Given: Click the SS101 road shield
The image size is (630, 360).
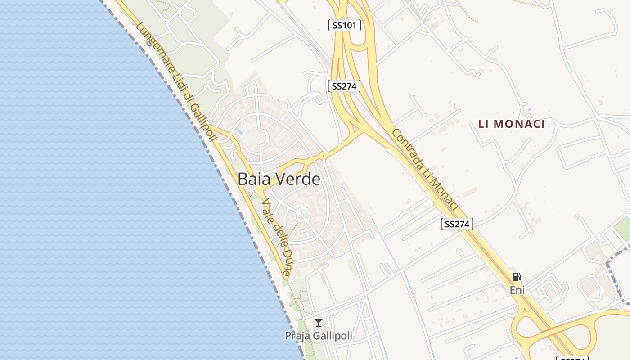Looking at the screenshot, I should click(344, 26).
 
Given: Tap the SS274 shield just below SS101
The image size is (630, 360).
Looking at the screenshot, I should click(344, 86).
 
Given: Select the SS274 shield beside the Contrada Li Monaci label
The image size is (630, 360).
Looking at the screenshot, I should click(457, 224).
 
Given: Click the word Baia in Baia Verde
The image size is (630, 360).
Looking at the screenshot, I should click(254, 180).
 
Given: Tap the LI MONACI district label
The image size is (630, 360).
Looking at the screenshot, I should click(511, 124).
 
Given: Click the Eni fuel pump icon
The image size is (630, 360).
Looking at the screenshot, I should click(517, 277).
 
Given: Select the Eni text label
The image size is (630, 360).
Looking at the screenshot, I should click(517, 290).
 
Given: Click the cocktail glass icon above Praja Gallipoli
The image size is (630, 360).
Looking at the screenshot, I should click(319, 322).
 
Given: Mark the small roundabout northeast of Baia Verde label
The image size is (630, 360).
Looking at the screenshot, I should click(322, 156).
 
